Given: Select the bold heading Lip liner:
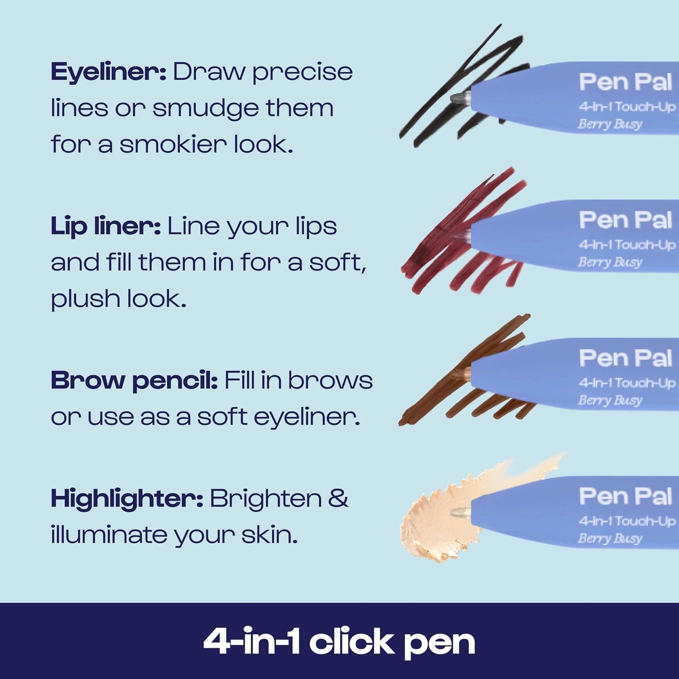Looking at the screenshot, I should [x=106, y=226].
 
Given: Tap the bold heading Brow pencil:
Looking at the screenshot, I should [x=134, y=381].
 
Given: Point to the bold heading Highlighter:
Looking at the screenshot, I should [x=127, y=499].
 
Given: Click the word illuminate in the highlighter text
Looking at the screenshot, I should [x=108, y=535].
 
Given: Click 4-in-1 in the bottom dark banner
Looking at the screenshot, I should [x=251, y=642].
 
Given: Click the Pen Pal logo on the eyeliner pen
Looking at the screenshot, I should [x=625, y=82].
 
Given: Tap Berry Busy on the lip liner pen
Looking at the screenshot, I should [x=610, y=262].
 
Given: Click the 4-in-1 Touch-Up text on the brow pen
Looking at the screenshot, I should [x=627, y=383].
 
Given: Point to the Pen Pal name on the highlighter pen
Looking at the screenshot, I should [x=625, y=497].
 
